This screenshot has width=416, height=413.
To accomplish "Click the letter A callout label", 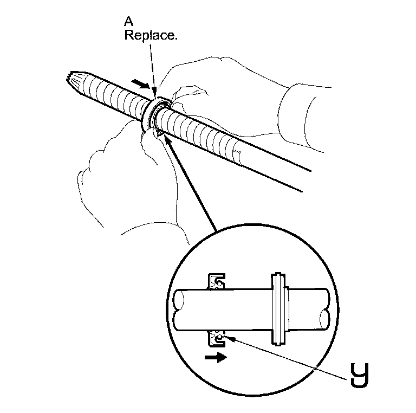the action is (x=129, y=22).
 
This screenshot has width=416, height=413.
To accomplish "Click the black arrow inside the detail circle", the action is (x=216, y=358).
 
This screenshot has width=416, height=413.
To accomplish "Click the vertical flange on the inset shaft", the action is (x=277, y=309).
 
